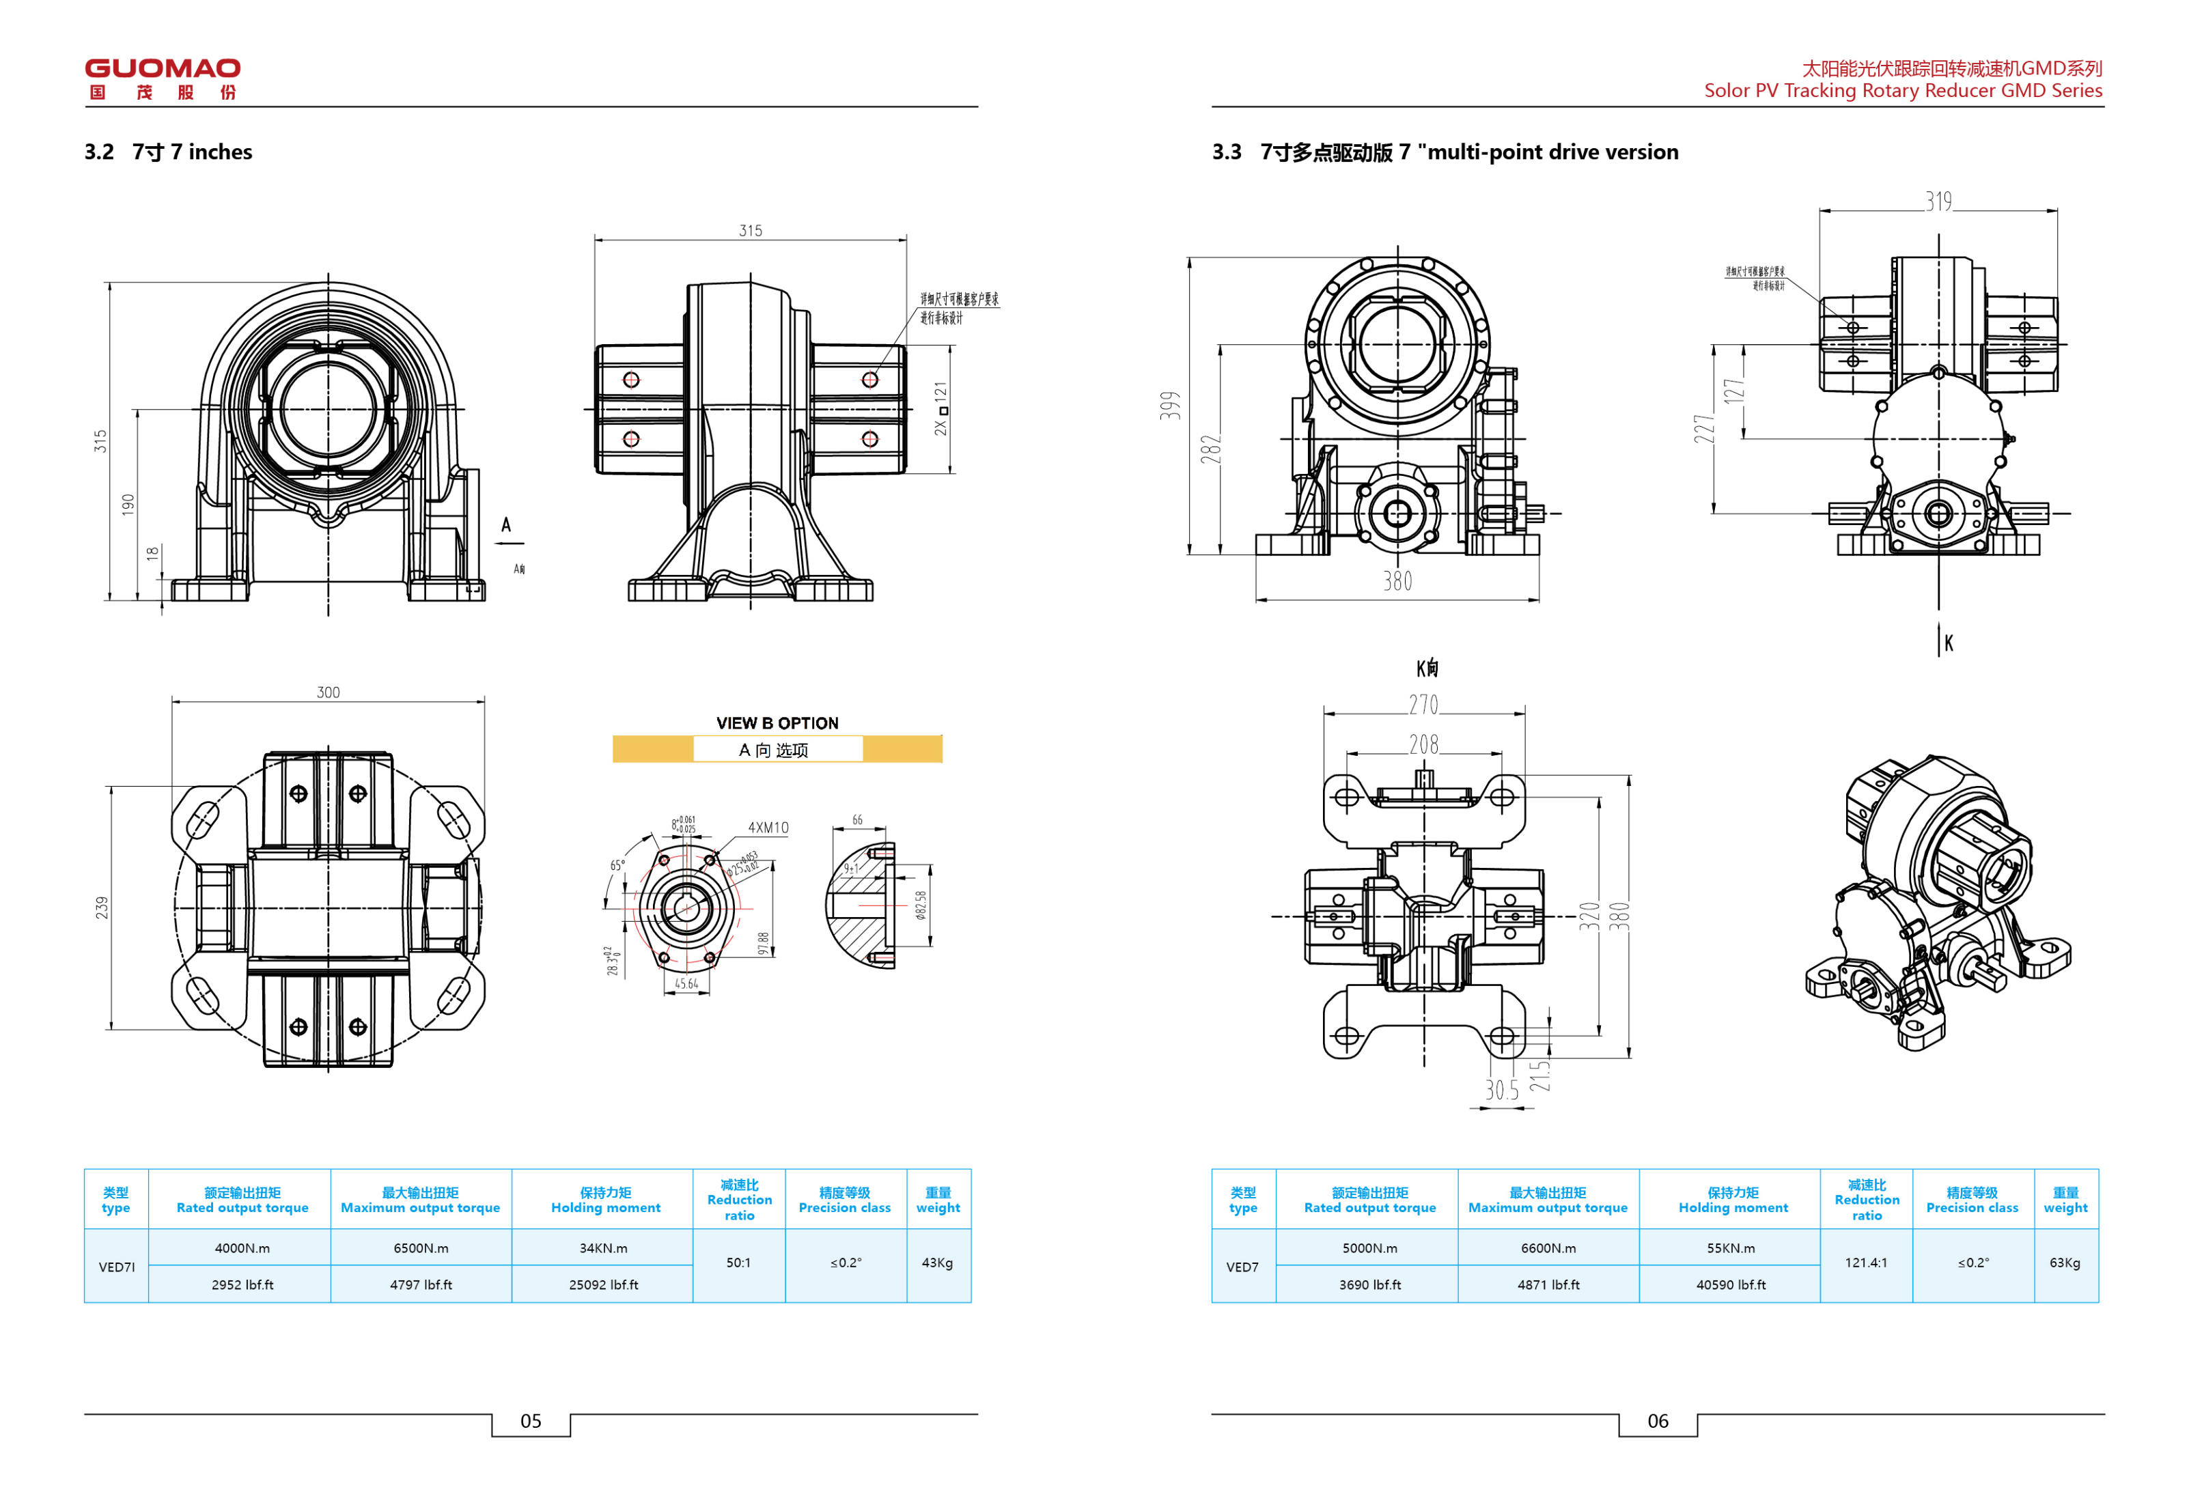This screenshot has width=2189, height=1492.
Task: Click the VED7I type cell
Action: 117,1267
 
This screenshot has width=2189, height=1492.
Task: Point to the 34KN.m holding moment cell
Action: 603,1248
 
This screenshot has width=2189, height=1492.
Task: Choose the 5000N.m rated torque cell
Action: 1369,1248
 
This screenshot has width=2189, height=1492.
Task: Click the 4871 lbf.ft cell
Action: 1548,1285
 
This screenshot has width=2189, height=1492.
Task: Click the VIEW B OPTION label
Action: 777,723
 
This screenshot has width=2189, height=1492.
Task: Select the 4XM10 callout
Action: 768,828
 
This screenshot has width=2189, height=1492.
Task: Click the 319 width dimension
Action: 1938,201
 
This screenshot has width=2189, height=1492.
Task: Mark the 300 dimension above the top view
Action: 328,692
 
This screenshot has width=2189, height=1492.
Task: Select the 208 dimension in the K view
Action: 1423,745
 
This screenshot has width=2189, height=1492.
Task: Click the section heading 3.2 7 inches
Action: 169,152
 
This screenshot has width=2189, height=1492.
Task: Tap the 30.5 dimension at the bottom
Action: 1501,1090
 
